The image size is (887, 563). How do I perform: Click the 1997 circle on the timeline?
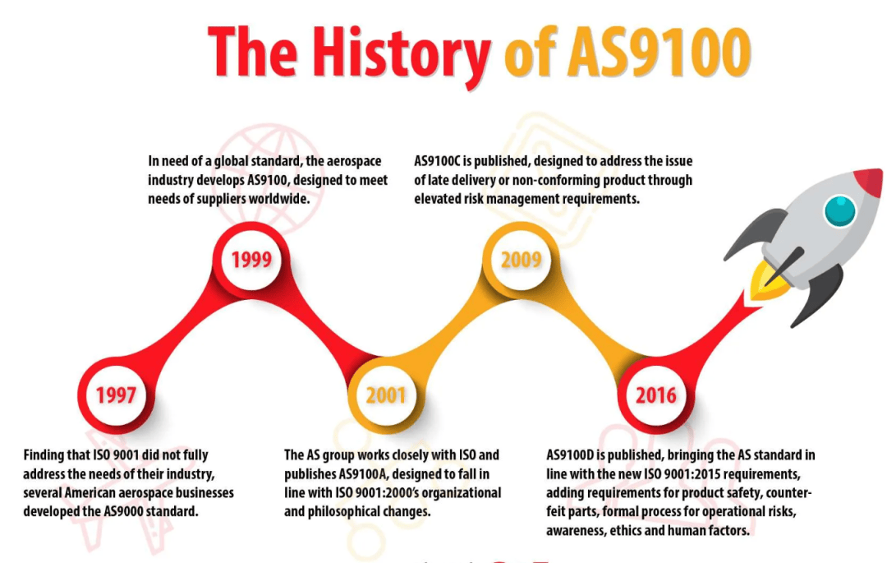pyautogui.click(x=116, y=395)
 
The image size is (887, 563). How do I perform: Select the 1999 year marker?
pyautogui.click(x=251, y=260)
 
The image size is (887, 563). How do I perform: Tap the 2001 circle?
pyautogui.click(x=386, y=395)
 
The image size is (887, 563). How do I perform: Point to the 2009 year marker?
pyautogui.click(x=521, y=260)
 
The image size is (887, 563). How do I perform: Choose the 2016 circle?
pyautogui.click(x=655, y=395)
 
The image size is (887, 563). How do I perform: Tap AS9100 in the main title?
pyautogui.click(x=659, y=52)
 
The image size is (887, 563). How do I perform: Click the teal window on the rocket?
pyautogui.click(x=840, y=210)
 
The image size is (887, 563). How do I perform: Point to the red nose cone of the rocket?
pyautogui.click(x=869, y=181)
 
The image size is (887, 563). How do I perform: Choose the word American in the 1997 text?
pyautogui.click(x=90, y=493)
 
